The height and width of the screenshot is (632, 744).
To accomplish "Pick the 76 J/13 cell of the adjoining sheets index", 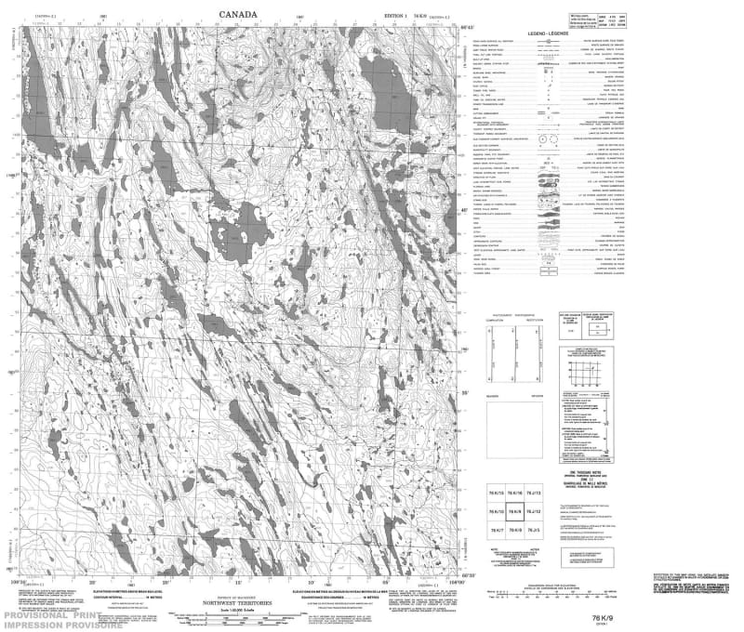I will [533, 493].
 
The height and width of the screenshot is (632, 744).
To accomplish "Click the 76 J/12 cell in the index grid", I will [533, 511].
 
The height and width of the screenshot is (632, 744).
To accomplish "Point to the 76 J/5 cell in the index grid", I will [533, 530].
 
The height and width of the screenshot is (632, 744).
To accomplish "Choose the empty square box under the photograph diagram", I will [512, 428].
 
